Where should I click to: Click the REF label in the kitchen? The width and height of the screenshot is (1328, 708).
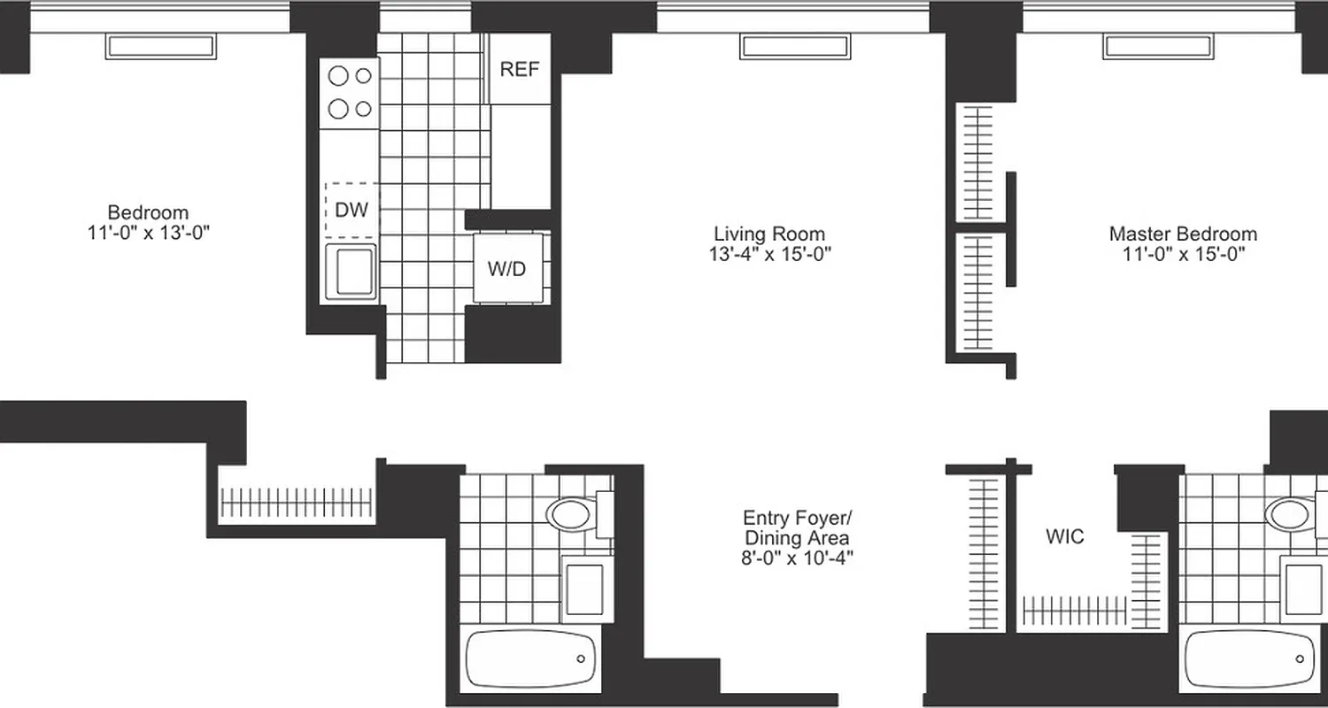coord(520,70)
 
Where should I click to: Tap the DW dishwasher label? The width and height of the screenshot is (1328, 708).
coord(351,211)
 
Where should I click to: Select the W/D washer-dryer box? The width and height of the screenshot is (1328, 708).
coord(506,268)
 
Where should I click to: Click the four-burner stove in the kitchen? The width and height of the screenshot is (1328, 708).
coord(350,92)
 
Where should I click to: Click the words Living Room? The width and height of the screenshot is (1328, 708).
coord(769,235)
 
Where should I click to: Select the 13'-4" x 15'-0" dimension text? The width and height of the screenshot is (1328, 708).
coord(769,255)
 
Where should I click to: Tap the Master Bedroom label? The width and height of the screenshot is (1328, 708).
coord(1182,235)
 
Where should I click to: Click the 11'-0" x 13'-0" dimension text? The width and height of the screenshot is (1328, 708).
coord(148,233)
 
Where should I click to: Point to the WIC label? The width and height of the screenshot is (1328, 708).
coord(1064,537)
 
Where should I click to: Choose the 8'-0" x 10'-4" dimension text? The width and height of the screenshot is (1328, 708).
coord(797,558)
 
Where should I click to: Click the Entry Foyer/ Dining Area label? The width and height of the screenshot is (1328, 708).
coord(797,527)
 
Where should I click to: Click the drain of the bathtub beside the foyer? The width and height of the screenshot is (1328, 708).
coord(581,658)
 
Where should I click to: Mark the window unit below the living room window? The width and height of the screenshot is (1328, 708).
coord(794,47)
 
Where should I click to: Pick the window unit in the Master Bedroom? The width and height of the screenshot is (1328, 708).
coord(1157,47)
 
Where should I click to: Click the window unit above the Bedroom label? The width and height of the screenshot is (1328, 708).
coord(160,47)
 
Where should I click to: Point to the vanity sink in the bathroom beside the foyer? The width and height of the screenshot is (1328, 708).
coord(584,588)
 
